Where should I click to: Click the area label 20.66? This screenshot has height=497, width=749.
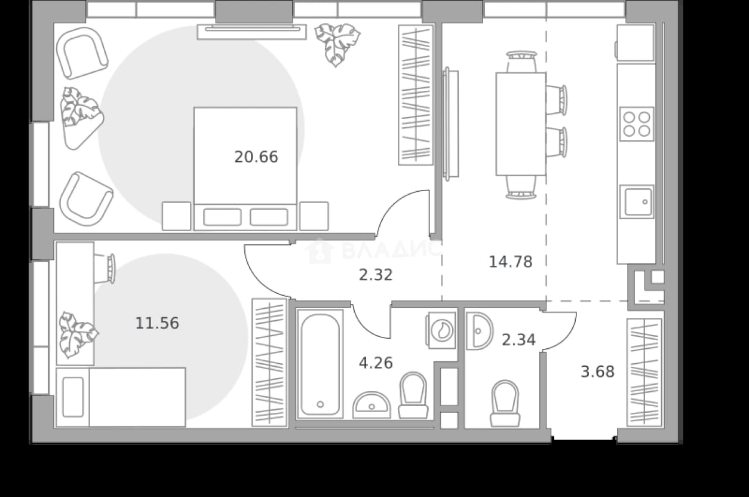pyautogui.click(x=256, y=157)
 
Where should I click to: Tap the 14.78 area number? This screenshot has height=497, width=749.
pyautogui.click(x=511, y=262)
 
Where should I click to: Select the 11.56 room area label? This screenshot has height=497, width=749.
pyautogui.click(x=157, y=323)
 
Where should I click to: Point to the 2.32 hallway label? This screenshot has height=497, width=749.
pyautogui.click(x=376, y=275)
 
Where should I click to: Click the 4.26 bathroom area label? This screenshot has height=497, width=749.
pyautogui.click(x=376, y=363)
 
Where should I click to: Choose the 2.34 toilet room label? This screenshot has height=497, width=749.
pyautogui.click(x=518, y=340)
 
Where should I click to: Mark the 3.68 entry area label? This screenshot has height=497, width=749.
pyautogui.click(x=597, y=372)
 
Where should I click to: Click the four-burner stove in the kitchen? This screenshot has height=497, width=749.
pyautogui.click(x=637, y=124)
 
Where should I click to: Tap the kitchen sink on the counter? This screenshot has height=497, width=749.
pyautogui.click(x=637, y=202)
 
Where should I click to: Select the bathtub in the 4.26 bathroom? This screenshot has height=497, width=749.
pyautogui.click(x=320, y=364)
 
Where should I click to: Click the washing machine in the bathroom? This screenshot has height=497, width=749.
pyautogui.click(x=441, y=330)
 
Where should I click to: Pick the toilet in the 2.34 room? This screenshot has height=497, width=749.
pyautogui.click(x=505, y=403)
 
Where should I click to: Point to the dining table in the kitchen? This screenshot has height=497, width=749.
pyautogui.click(x=521, y=124)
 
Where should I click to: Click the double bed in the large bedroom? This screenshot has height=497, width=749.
pyautogui.click(x=245, y=169)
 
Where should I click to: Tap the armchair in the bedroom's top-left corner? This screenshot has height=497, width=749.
pyautogui.click(x=82, y=53)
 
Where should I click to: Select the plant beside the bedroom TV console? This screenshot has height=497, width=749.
pyautogui.click(x=337, y=44)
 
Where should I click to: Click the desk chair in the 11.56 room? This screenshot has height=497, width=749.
pyautogui.click(x=106, y=269)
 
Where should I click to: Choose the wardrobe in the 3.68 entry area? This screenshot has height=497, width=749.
pyautogui.click(x=644, y=373)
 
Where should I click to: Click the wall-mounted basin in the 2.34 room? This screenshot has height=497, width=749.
pyautogui.click(x=479, y=331)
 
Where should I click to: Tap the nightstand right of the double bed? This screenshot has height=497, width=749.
pyautogui.click(x=314, y=216)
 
